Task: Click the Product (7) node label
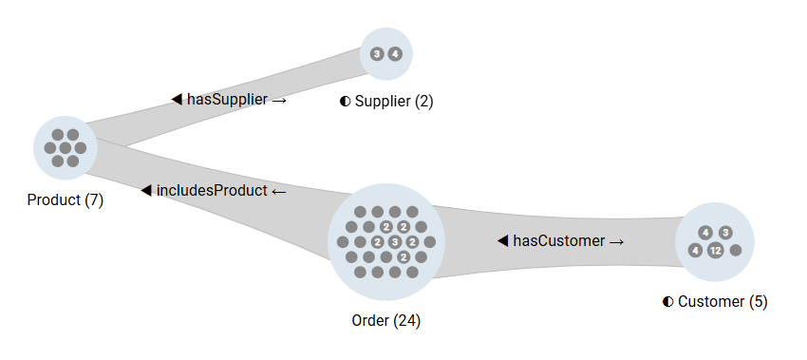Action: click(x=65, y=200)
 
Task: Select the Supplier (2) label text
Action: click(x=393, y=101)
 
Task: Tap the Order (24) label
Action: click(x=385, y=320)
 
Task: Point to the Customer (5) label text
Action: click(x=723, y=301)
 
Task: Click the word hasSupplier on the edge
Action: click(x=227, y=99)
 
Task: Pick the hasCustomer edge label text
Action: click(x=558, y=241)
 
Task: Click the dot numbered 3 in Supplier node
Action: click(x=377, y=54)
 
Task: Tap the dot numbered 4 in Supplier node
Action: click(x=395, y=54)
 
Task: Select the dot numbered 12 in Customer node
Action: click(x=715, y=251)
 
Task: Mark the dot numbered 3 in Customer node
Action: click(x=725, y=233)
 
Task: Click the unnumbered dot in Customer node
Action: click(x=736, y=251)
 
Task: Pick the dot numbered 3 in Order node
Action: click(x=395, y=242)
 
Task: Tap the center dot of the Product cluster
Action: click(x=66, y=148)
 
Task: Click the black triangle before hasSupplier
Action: click(x=177, y=99)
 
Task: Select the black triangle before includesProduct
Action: click(x=146, y=190)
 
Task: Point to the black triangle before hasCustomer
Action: click(x=502, y=241)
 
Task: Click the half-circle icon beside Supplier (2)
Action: click(x=346, y=101)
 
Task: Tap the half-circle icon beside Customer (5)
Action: click(x=668, y=301)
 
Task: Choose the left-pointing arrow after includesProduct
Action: click(x=278, y=191)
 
